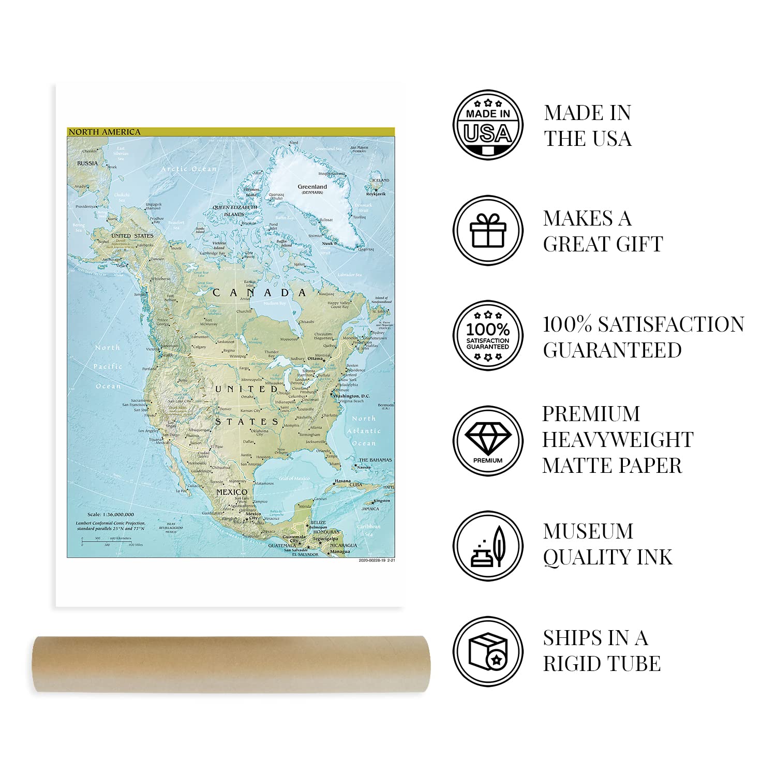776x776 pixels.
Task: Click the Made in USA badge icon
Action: [x=488, y=125]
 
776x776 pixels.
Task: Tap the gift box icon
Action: [x=488, y=230]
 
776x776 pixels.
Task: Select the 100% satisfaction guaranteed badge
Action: [x=488, y=335]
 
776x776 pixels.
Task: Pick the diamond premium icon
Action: [x=488, y=440]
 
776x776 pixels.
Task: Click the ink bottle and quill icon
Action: [x=488, y=546]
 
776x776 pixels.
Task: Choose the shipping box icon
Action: [x=488, y=651]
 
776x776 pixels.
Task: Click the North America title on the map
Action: [x=105, y=132]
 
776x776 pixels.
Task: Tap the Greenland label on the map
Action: [x=312, y=187]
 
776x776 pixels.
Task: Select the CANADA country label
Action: [x=260, y=293]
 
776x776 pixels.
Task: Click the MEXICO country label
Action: [x=231, y=492]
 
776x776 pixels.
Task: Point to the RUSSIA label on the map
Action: [x=87, y=163]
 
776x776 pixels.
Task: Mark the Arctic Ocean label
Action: [x=188, y=169]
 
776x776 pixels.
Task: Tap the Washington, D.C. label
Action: [x=352, y=396]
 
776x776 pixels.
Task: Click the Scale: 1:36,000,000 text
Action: [x=111, y=514]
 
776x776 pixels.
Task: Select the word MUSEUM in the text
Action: [x=588, y=532]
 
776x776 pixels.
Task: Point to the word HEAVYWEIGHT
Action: [x=618, y=440]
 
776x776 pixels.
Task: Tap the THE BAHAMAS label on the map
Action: [x=375, y=460]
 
